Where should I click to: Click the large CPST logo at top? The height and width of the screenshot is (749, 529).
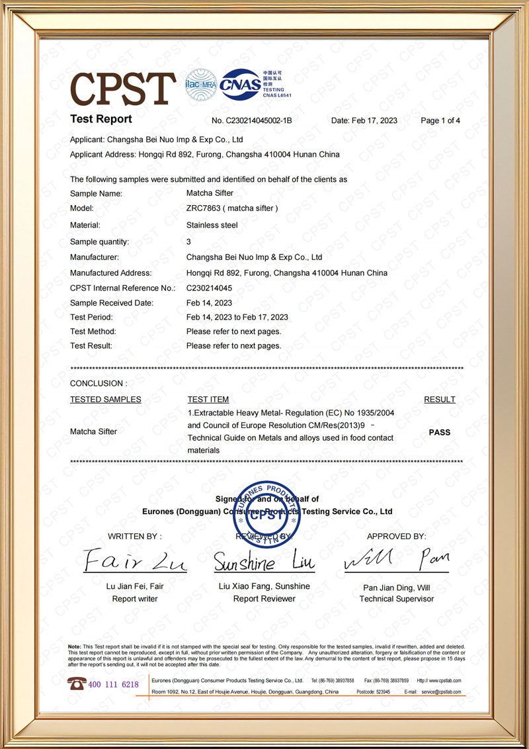tap(123, 88)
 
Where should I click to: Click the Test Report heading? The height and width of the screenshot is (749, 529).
tap(101, 119)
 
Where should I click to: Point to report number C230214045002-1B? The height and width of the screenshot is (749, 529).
tap(252, 120)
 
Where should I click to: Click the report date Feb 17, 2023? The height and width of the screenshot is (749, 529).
tap(364, 120)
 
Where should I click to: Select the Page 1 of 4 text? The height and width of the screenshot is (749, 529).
tap(440, 120)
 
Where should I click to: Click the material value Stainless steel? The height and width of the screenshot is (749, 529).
tap(212, 225)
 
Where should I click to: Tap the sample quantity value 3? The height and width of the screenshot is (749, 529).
tap(188, 242)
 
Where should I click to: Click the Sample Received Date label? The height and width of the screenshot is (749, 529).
tap(112, 303)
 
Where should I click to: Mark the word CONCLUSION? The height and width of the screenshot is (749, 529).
tap(97, 383)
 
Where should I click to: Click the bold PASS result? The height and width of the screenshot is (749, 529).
tap(440, 432)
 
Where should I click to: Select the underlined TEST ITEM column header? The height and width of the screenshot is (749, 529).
tap(208, 400)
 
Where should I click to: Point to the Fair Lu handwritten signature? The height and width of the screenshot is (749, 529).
tap(135, 561)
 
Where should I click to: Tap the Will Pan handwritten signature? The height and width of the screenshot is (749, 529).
tap(396, 561)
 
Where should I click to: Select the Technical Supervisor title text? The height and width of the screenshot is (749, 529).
tap(397, 599)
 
